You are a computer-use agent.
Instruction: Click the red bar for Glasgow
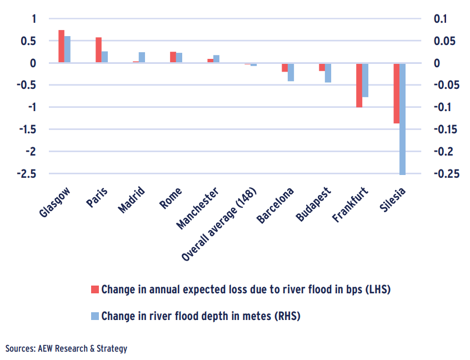pyautogui.click(x=61, y=47)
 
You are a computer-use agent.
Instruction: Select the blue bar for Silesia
pyautogui.click(x=402, y=119)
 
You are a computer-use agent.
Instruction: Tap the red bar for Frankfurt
pyautogui.click(x=359, y=85)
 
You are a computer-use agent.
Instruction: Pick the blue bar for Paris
pyautogui.click(x=104, y=57)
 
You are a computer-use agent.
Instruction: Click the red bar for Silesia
pyautogui.click(x=396, y=93)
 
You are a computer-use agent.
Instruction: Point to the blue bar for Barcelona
pyautogui.click(x=291, y=72)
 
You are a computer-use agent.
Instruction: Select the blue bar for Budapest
pyautogui.click(x=328, y=73)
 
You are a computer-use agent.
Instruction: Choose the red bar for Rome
pyautogui.click(x=173, y=58)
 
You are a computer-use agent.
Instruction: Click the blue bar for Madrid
pyautogui.click(x=142, y=57)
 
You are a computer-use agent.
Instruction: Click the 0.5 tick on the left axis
pyautogui.click(x=29, y=41)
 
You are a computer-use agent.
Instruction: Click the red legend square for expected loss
pyautogui.click(x=94, y=289)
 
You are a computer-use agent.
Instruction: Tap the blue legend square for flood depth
pyautogui.click(x=94, y=316)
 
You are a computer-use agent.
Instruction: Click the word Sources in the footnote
pyautogui.click(x=20, y=349)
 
